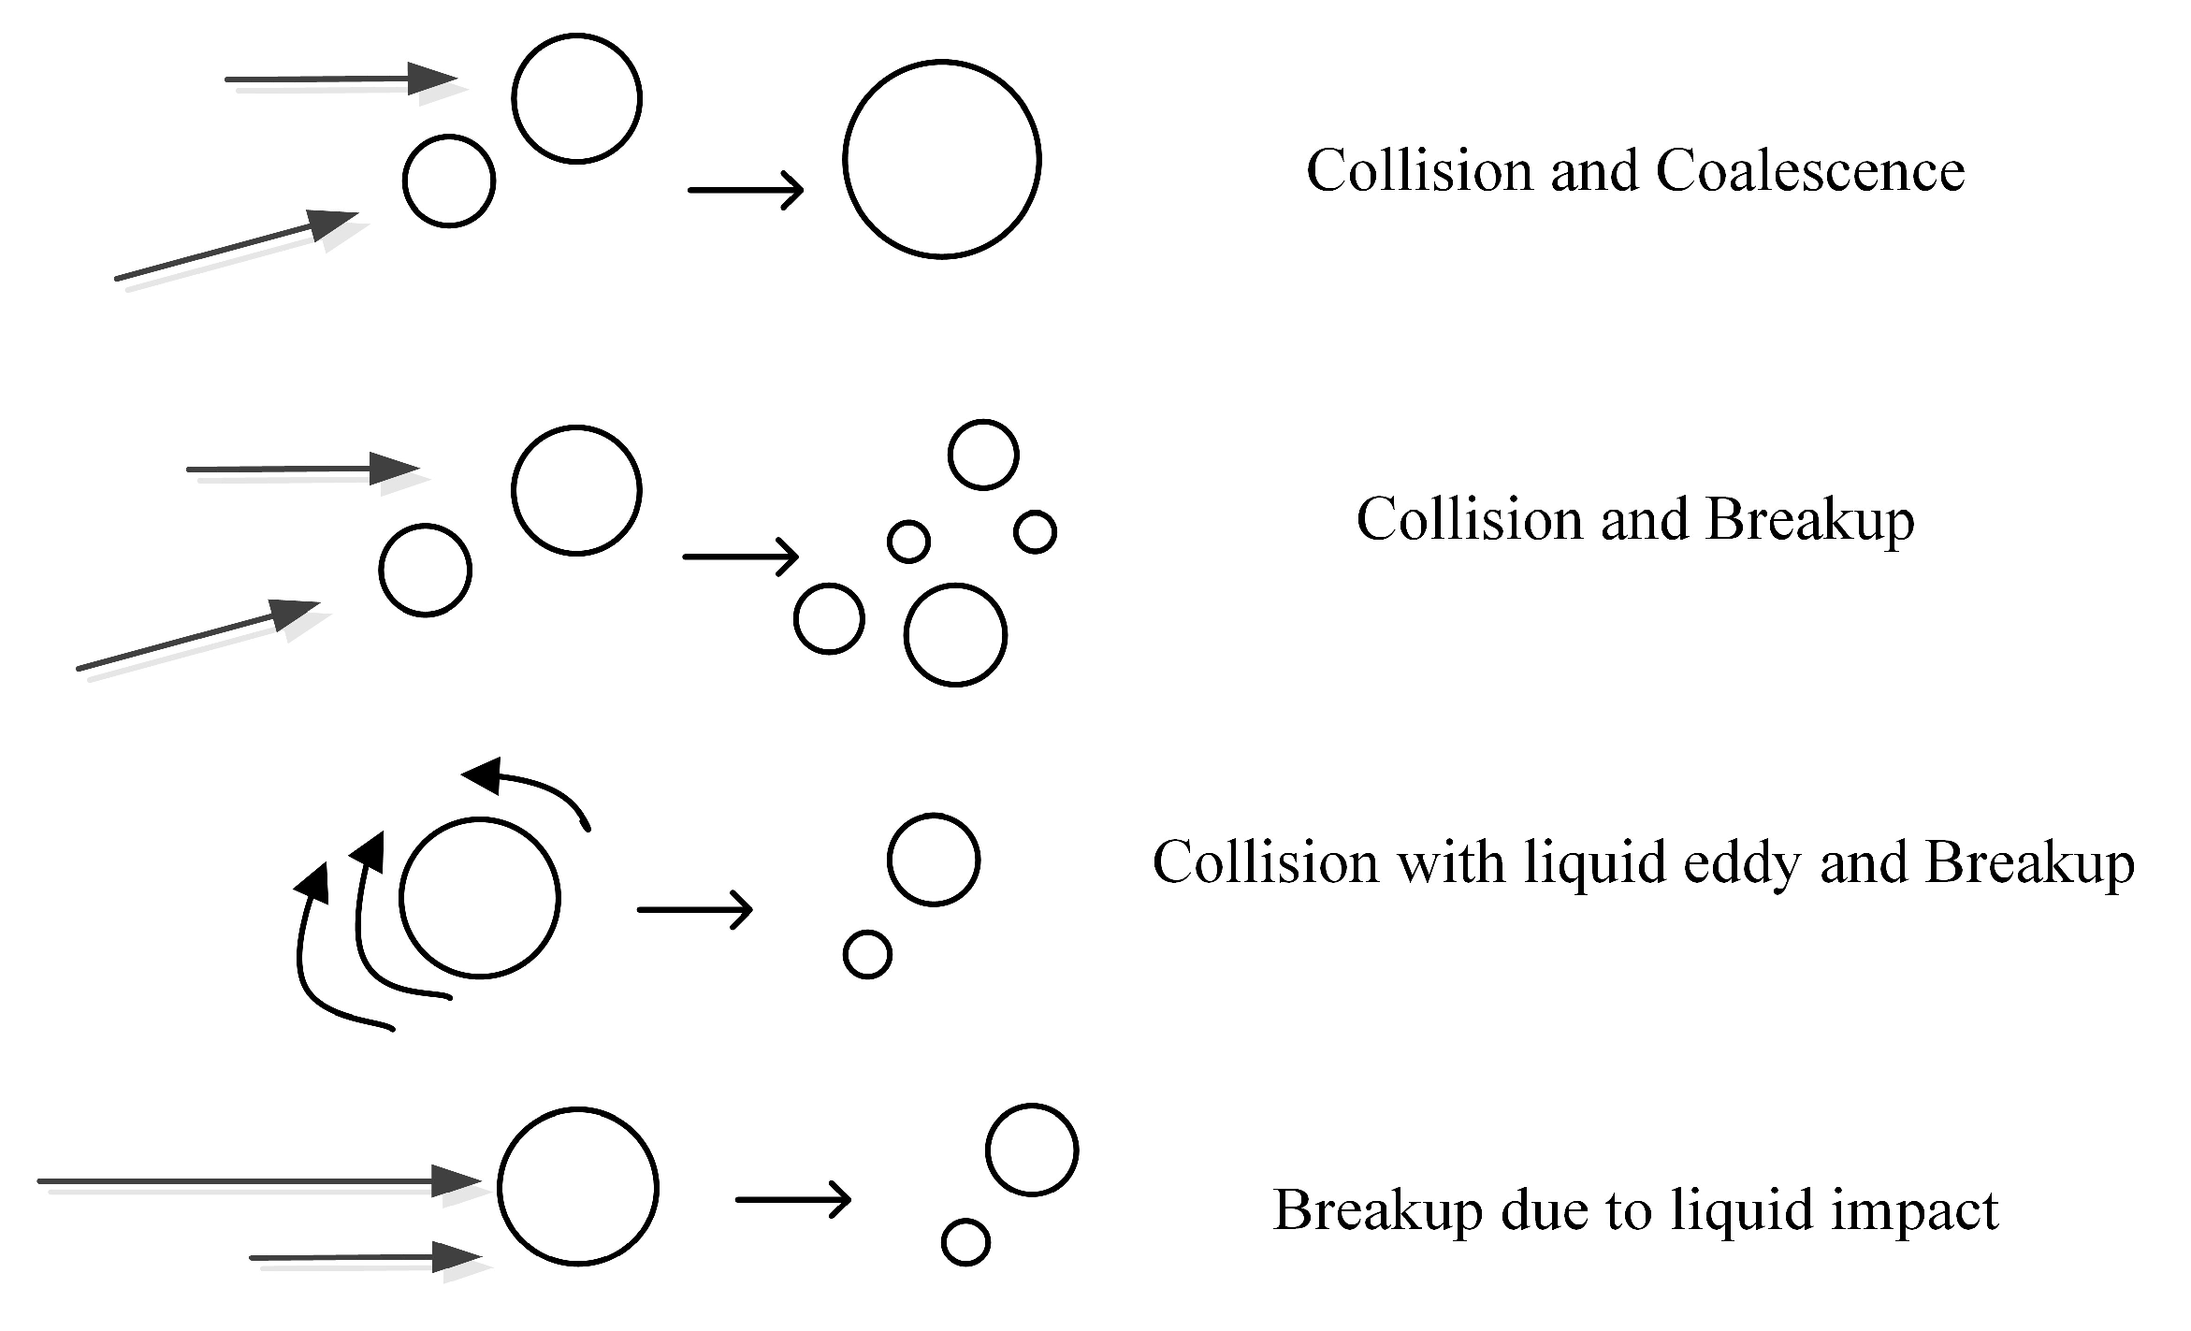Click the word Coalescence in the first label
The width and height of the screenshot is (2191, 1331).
(1809, 171)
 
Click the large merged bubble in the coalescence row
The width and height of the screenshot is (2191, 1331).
(941, 159)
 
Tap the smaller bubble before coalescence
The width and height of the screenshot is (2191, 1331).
(449, 181)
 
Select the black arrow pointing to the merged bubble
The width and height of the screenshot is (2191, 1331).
(746, 190)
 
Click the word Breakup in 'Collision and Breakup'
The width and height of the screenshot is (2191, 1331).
(1809, 520)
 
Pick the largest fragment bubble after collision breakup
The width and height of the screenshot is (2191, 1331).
(955, 635)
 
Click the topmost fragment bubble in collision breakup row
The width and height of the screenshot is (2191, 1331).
(983, 455)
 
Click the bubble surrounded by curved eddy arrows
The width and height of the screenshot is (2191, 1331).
(480, 898)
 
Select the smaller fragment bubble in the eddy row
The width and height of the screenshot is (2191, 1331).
(867, 955)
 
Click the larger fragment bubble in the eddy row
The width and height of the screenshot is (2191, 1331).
(934, 860)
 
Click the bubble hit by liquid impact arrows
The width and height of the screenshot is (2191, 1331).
(578, 1187)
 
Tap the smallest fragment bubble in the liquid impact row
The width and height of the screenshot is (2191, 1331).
(965, 1242)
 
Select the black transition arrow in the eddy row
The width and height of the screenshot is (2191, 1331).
(695, 909)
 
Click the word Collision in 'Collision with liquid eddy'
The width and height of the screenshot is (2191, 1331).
(1265, 862)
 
